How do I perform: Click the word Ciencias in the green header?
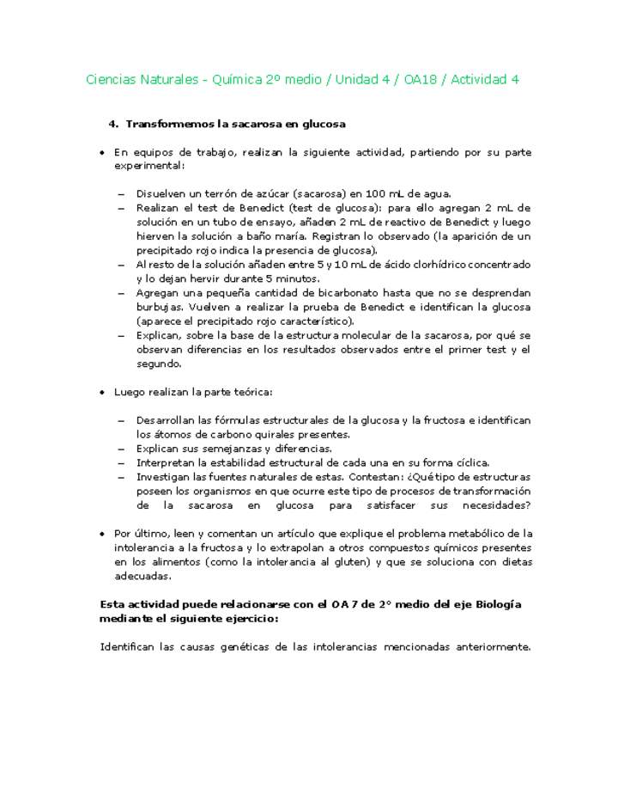click(112, 80)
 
